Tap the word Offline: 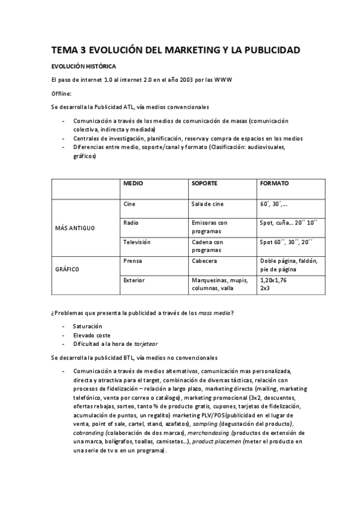pos(61,93)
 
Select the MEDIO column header pos(133,183)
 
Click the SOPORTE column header pos(204,183)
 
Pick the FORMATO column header pos(274,183)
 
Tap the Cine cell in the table pos(129,204)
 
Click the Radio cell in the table pos(131,223)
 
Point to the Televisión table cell pos(136,242)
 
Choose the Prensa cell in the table pos(132,261)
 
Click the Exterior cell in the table pos(133,280)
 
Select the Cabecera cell pos(204,261)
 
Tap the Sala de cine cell pos(207,204)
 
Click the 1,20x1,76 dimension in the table pos(273,280)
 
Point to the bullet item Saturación pos(88,325)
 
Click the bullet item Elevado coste pos(92,334)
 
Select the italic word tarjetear pos(145,343)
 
